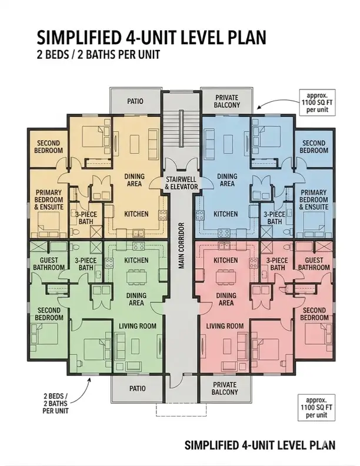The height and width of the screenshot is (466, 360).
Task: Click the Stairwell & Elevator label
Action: (x=181, y=182)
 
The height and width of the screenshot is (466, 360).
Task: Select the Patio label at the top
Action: (x=135, y=101)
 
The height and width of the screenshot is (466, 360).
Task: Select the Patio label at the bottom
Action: (x=136, y=388)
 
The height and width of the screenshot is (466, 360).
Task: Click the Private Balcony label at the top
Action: (x=227, y=101)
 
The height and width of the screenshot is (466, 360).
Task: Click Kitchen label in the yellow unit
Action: (x=136, y=214)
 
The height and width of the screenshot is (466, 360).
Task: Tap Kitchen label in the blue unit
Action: (x=225, y=214)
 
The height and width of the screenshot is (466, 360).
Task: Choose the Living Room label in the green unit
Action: (x=137, y=326)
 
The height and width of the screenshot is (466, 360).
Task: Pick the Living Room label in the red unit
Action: (x=225, y=326)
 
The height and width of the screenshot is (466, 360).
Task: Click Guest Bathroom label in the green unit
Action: (x=48, y=264)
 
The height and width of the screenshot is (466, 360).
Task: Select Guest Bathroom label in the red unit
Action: (x=314, y=264)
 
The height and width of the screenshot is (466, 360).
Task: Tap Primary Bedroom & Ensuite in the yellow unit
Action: (x=49, y=199)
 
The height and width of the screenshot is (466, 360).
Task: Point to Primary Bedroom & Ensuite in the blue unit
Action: (x=314, y=199)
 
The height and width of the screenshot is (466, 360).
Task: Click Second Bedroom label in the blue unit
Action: (x=314, y=147)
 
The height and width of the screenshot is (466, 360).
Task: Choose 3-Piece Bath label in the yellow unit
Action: (x=86, y=218)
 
